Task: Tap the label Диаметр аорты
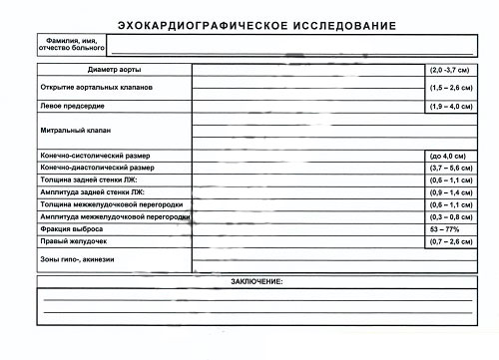coord(114,71)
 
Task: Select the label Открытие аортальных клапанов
coord(98,88)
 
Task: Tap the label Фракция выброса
coord(72,228)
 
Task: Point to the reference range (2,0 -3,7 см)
coord(452,71)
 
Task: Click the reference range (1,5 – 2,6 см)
coord(452,88)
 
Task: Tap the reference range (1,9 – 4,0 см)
coord(452,104)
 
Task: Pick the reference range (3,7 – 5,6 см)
coord(452,168)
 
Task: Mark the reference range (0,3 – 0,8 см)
coord(452,216)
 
